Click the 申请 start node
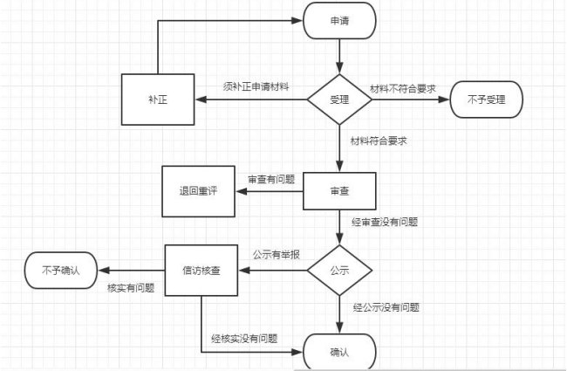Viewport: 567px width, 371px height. [339, 21]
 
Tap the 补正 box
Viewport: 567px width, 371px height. [157, 100]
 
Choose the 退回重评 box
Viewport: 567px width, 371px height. [198, 192]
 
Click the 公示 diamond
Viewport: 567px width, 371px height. [339, 271]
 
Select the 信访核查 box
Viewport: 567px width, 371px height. [202, 271]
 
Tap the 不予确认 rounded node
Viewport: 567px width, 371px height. [60, 271]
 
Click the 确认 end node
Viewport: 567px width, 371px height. [339, 353]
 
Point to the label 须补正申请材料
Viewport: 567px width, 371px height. [256, 86]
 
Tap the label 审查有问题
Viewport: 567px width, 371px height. [271, 179]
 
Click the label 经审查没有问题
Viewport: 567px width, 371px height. [386, 223]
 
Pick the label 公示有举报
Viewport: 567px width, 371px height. [277, 255]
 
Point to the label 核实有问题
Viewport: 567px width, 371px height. [131, 287]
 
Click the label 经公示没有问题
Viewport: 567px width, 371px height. [386, 307]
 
